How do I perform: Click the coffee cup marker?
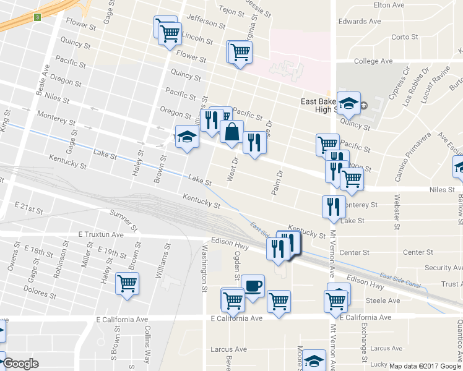253,286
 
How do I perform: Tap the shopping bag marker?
231,132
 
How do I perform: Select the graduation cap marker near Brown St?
187,137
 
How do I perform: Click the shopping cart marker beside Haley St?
128,283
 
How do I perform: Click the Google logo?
20,364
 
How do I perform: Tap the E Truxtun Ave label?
101,235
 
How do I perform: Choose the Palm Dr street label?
277,182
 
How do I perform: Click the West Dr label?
233,169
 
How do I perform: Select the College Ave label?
373,61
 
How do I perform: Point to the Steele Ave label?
383,301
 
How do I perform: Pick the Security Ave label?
443,268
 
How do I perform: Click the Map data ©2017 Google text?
425,366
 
